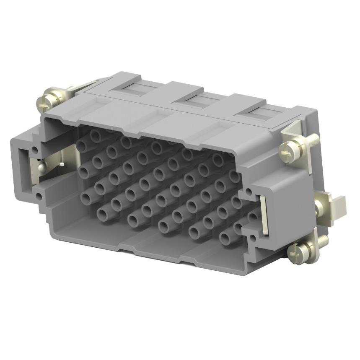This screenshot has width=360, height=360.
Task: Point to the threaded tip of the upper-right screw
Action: pyautogui.click(x=313, y=139)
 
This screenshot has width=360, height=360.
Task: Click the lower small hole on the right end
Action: pyautogui.click(x=253, y=241)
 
